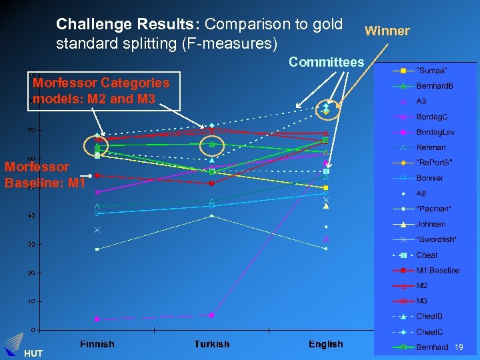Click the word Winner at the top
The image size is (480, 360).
pyautogui.click(x=387, y=31)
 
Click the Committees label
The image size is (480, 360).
pyautogui.click(x=326, y=62)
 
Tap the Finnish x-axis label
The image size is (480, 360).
pyautogui.click(x=97, y=344)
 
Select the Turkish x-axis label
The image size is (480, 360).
pyautogui.click(x=211, y=344)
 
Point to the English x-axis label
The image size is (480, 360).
pyautogui.click(x=325, y=344)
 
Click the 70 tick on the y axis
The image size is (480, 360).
pyautogui.click(x=31, y=130)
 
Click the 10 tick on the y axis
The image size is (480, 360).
pyautogui.click(x=31, y=301)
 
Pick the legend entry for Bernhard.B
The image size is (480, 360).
pyautogui.click(x=435, y=86)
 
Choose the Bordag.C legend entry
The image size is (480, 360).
pyautogui.click(x=431, y=117)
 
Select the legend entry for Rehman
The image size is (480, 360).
pyautogui.click(x=431, y=147)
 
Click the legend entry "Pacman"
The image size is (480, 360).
pyautogui.click(x=433, y=209)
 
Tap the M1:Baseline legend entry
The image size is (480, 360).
pyautogui.click(x=437, y=271)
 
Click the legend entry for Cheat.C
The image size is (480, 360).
pyautogui.click(x=429, y=332)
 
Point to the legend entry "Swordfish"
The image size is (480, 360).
pyautogui.click(x=436, y=239)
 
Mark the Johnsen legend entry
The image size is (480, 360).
pyautogui.click(x=431, y=225)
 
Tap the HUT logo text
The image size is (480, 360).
pyautogui.click(x=33, y=353)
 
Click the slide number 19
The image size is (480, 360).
pyautogui.click(x=459, y=347)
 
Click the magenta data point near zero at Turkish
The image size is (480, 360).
pyautogui.click(x=211, y=315)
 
